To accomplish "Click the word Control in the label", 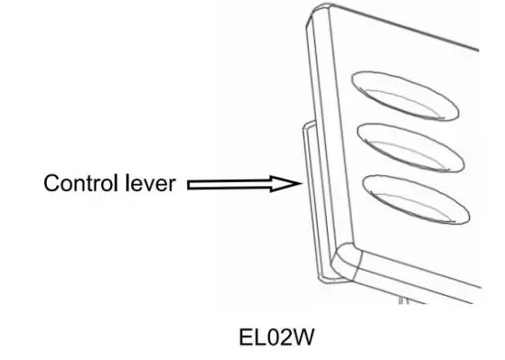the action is point(80,184).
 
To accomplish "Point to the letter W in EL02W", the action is point(303,337).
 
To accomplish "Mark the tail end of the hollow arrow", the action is point(189,185).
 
